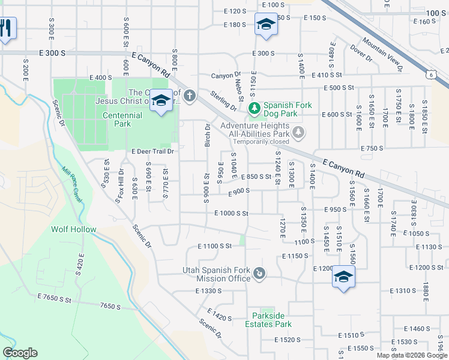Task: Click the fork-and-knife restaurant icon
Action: pyautogui.click(x=6, y=28)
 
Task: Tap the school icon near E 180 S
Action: pyautogui.click(x=265, y=25)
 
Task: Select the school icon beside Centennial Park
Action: pyautogui.click(x=160, y=101)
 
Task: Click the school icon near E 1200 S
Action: pyautogui.click(x=343, y=277)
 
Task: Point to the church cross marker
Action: pyautogui.click(x=190, y=95)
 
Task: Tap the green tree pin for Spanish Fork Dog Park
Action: pyautogui.click(x=255, y=108)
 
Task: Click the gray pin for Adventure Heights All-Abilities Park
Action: pyautogui.click(x=298, y=131)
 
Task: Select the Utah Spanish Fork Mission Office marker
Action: pyautogui.click(x=259, y=274)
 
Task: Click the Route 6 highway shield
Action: pyautogui.click(x=430, y=74)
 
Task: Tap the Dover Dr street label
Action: pyautogui.click(x=361, y=53)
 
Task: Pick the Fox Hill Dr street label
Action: pyautogui.click(x=120, y=189)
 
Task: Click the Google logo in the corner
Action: pyautogui.click(x=20, y=353)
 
